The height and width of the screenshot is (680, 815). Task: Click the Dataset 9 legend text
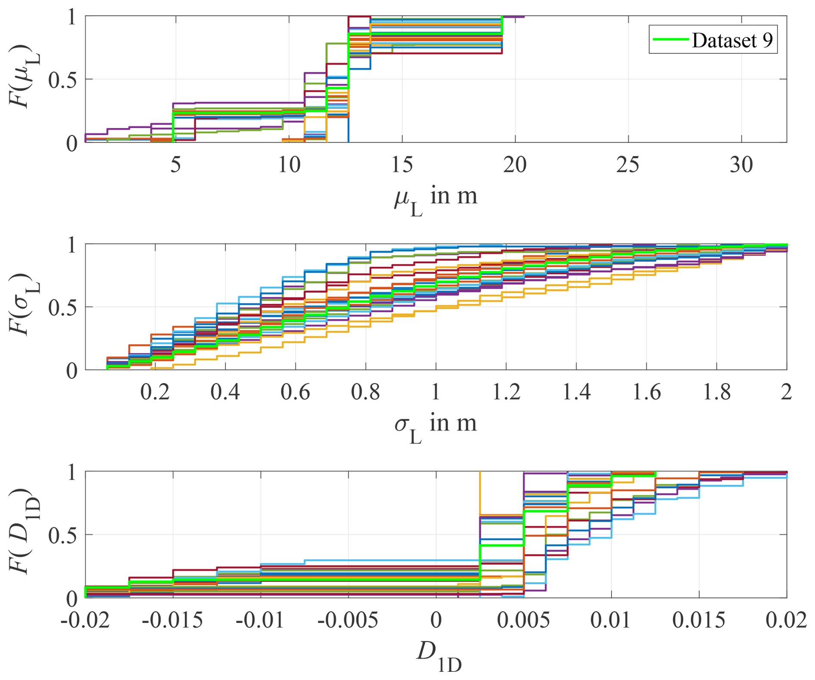point(732,40)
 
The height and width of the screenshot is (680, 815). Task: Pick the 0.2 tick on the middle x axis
point(155,392)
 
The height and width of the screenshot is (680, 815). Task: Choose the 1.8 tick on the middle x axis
point(717,392)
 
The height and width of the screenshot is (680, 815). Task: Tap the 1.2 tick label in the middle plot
point(506,392)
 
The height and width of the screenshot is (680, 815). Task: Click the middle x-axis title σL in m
point(435,426)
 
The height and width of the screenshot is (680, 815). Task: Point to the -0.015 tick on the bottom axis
point(172,620)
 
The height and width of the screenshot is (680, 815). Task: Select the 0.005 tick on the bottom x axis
point(523,620)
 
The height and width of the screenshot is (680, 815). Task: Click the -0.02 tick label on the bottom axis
point(85,620)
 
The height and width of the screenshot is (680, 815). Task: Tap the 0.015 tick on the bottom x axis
point(699,620)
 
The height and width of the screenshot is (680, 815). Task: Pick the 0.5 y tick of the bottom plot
point(62,535)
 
